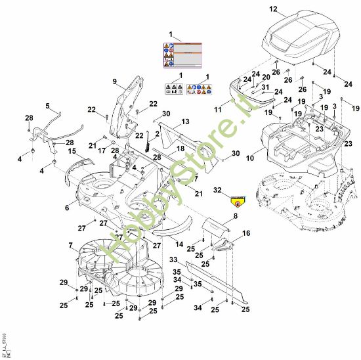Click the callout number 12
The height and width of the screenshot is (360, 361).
(274, 9)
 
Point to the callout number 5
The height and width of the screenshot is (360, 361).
(47, 105)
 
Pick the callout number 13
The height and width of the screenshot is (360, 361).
(185, 122)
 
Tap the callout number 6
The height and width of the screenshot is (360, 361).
(66, 207)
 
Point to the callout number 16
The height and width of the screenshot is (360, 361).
(247, 233)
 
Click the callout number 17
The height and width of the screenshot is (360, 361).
(102, 152)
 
